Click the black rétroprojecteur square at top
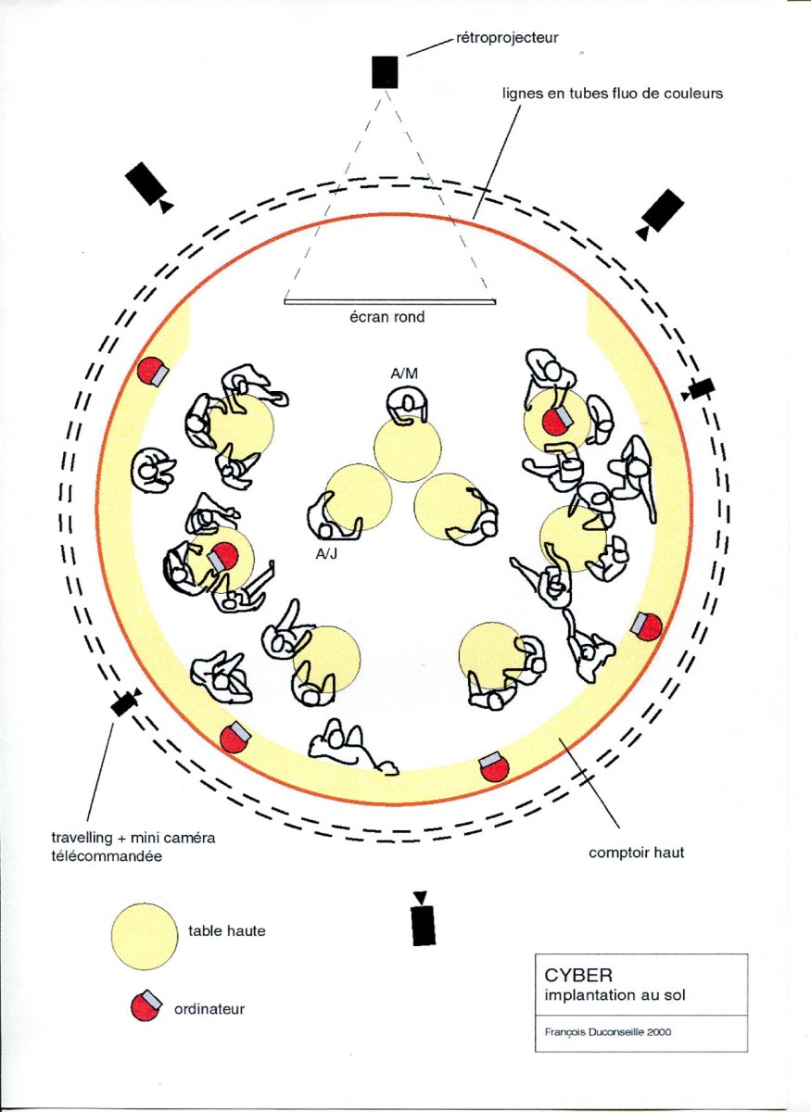click(x=385, y=72)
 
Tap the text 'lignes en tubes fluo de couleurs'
click(x=612, y=93)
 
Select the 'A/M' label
click(x=404, y=373)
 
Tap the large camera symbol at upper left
click(x=147, y=185)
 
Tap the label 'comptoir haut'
click(x=637, y=853)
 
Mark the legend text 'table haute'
click(x=227, y=930)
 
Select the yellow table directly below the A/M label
click(x=407, y=449)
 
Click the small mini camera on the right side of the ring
click(x=699, y=389)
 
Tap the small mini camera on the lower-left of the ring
click(x=125, y=701)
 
